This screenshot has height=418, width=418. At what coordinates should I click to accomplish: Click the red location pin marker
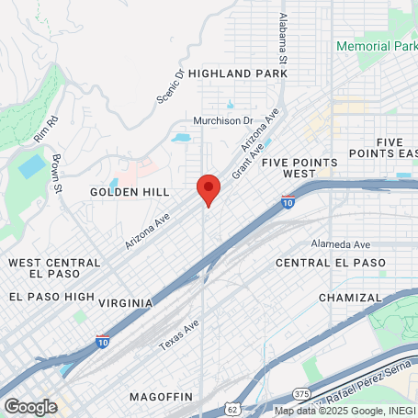[x=209, y=189]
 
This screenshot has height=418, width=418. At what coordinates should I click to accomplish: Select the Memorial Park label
[x=377, y=45]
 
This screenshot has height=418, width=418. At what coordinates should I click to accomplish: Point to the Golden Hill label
[x=130, y=192]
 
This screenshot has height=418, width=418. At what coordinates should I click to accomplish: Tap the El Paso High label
[x=52, y=297]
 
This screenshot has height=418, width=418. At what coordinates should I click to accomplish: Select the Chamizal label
[x=349, y=298]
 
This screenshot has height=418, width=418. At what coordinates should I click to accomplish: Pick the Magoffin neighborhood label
[x=162, y=396]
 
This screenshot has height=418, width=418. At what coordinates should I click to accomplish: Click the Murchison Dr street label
[x=222, y=120]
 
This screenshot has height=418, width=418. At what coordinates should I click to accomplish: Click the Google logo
[x=30, y=406]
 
